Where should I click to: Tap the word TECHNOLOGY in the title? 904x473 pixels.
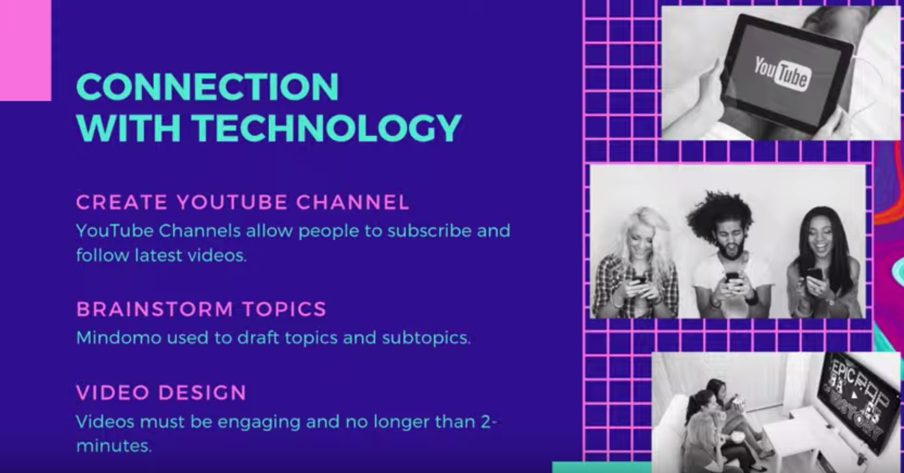pyautogui.click(x=326, y=127)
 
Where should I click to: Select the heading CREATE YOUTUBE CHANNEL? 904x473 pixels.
pyautogui.click(x=243, y=202)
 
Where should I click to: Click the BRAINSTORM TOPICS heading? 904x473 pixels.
pyautogui.click(x=201, y=309)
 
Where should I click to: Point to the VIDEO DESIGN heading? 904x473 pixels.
pyautogui.click(x=161, y=392)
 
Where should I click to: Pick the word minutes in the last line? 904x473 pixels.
pyautogui.click(x=114, y=446)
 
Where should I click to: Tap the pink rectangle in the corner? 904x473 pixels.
pyautogui.click(x=25, y=50)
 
